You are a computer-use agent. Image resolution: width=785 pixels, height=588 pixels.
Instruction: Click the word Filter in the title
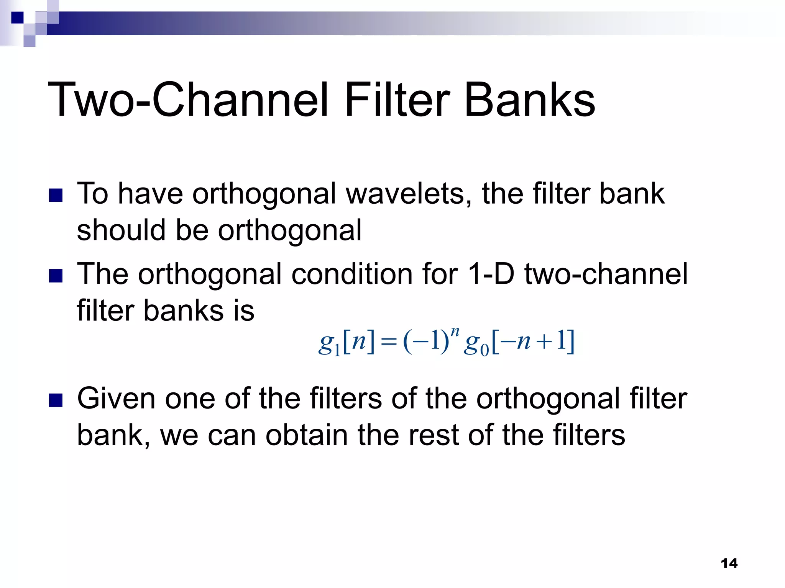point(397,100)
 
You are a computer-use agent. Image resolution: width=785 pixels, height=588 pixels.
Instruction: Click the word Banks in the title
point(530,100)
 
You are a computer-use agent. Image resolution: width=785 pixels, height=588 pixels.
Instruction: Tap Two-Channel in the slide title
point(188,100)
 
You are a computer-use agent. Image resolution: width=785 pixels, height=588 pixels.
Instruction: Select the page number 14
point(729,563)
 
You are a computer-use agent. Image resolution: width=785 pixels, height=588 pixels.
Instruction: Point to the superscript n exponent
point(455,332)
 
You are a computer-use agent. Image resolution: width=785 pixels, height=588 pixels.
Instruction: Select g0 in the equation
point(476,344)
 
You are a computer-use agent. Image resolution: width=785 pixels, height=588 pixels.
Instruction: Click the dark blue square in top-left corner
point(18,18)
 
